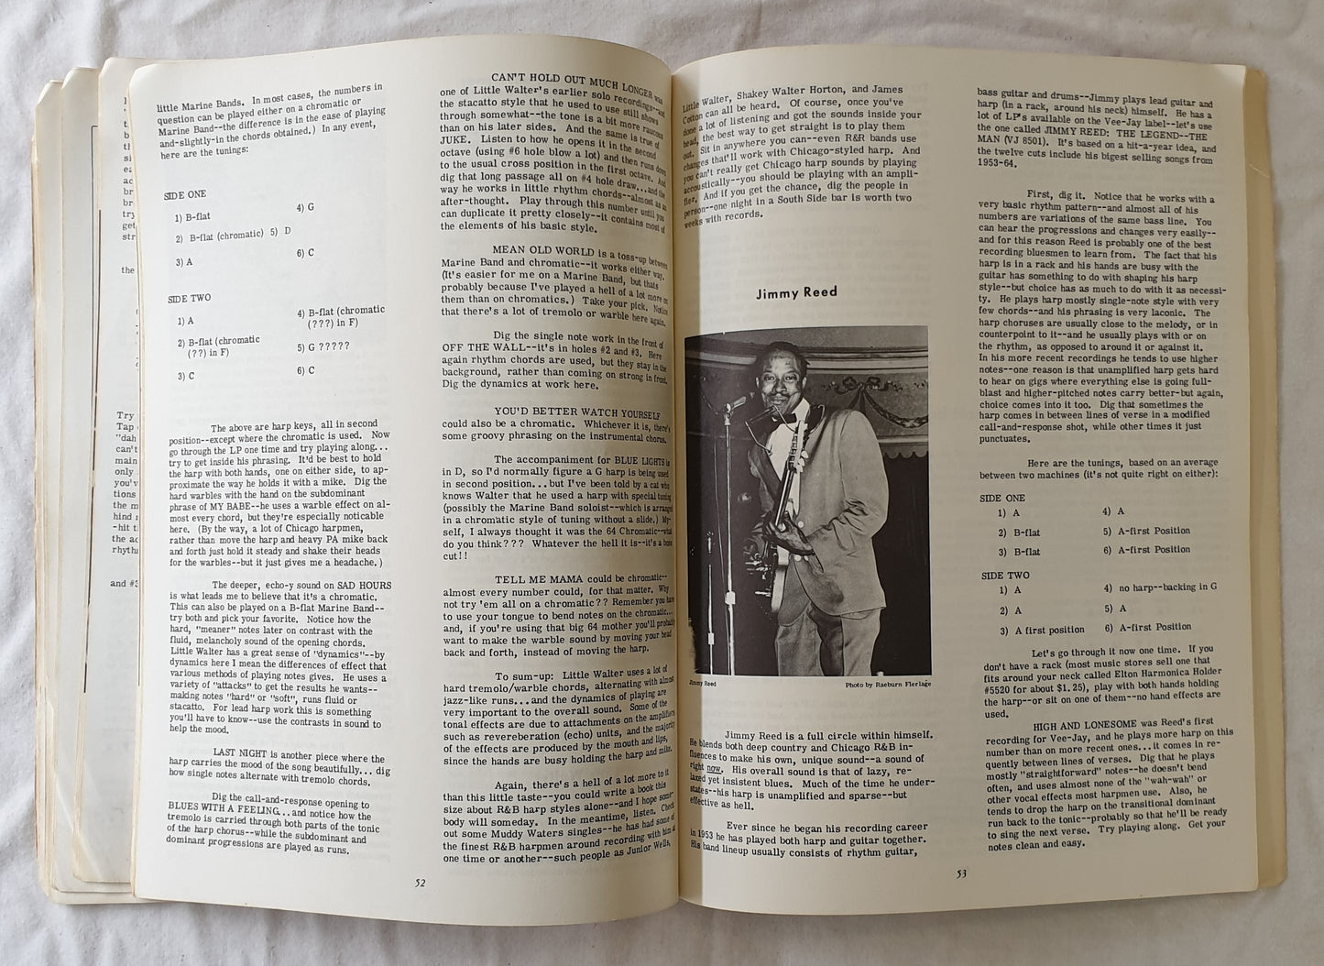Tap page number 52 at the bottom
click(x=420, y=883)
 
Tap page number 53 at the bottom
click(x=961, y=872)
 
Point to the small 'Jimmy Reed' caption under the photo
click(x=702, y=683)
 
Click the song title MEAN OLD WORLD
click(x=545, y=247)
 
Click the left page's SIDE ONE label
click(x=186, y=194)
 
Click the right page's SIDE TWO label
click(x=1004, y=575)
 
